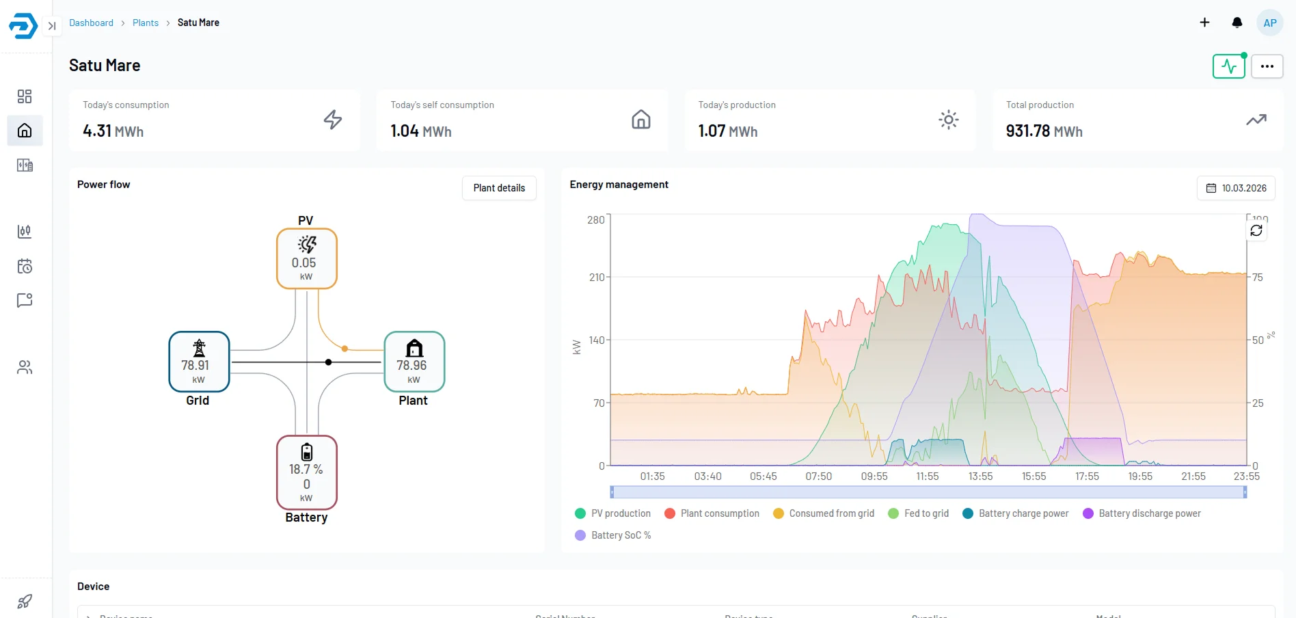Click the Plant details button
[499, 188]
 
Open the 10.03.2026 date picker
[1236, 188]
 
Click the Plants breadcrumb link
[145, 23]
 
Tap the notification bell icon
[1237, 23]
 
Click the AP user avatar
[1269, 23]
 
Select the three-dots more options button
[1267, 66]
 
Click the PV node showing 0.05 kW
[306, 258]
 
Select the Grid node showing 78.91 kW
[199, 362]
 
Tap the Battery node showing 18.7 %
[306, 472]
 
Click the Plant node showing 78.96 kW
[414, 362]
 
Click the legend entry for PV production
[613, 513]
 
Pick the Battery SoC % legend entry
[613, 535]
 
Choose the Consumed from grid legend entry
[824, 513]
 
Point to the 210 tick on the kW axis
[596, 277]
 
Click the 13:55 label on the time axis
[980, 476]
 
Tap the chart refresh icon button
[1256, 230]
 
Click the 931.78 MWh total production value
[1044, 131]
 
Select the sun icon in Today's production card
[948, 120]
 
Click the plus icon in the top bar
[1204, 23]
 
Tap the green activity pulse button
[1228, 66]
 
